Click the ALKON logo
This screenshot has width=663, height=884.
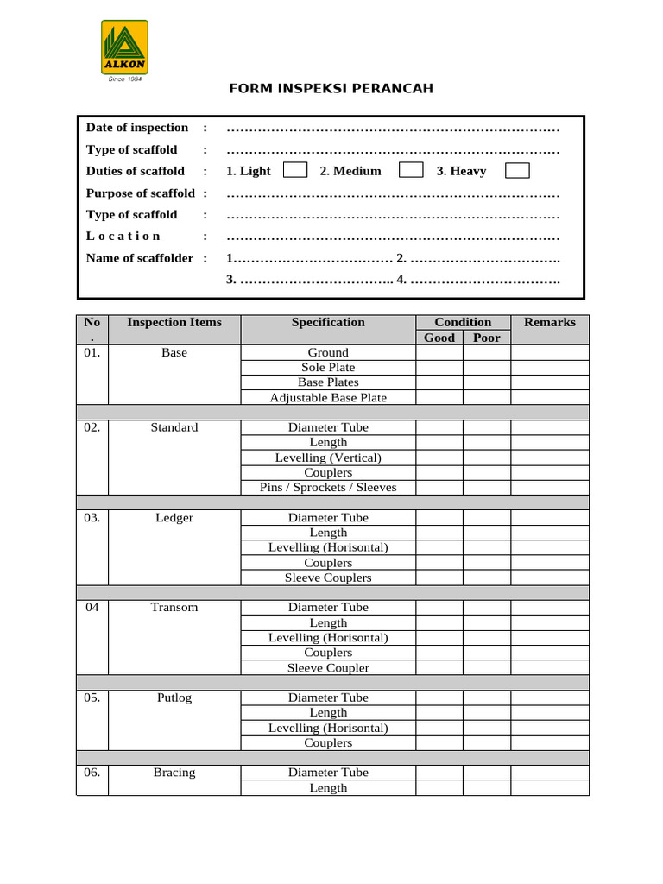[x=124, y=47]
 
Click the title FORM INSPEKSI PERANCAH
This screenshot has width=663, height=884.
[x=331, y=89]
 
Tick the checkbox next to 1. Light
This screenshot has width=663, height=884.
[x=295, y=170]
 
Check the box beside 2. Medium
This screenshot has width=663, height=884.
[x=411, y=170]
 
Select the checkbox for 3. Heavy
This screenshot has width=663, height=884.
[x=517, y=170]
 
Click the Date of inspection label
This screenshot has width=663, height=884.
[x=137, y=128]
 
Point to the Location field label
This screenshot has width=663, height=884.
[x=123, y=236]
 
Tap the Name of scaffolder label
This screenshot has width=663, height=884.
[x=140, y=258]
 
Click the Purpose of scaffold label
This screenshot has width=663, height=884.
[x=141, y=193]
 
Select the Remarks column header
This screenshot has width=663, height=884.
[x=550, y=322]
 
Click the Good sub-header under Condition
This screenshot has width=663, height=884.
[x=439, y=338]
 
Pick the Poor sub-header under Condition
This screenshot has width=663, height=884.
[x=487, y=338]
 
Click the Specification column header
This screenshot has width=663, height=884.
[x=328, y=322]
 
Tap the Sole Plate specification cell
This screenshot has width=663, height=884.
[x=328, y=367]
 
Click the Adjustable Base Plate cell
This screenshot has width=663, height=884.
[x=328, y=397]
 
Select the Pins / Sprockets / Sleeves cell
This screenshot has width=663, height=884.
[x=328, y=487]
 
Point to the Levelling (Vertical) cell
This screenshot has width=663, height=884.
[x=328, y=458]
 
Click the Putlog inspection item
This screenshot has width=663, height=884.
[x=174, y=698]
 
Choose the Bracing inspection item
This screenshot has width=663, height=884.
[x=174, y=773]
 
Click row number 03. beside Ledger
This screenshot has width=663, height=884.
[x=92, y=518]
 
